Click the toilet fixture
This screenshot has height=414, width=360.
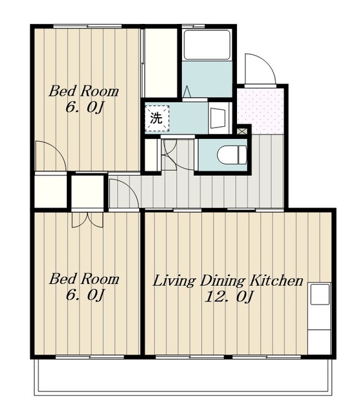(232, 155)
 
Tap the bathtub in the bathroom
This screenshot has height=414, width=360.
(207, 45)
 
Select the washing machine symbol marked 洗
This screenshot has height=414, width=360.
(157, 118)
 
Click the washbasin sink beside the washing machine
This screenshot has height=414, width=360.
(219, 118)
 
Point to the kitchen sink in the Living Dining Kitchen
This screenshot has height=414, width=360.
(320, 294)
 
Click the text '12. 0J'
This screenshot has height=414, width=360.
(229, 296)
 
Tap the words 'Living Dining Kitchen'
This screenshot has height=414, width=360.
(228, 281)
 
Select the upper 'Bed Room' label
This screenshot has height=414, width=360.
(84, 91)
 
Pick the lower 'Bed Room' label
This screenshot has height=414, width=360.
(84, 279)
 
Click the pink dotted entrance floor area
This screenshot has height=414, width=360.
(261, 111)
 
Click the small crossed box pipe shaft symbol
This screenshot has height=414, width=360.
(242, 131)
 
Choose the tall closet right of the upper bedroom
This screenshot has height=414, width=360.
(161, 63)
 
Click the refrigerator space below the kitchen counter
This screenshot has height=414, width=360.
(319, 342)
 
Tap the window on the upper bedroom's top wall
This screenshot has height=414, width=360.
(87, 26)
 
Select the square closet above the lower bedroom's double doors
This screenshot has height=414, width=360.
(87, 191)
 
